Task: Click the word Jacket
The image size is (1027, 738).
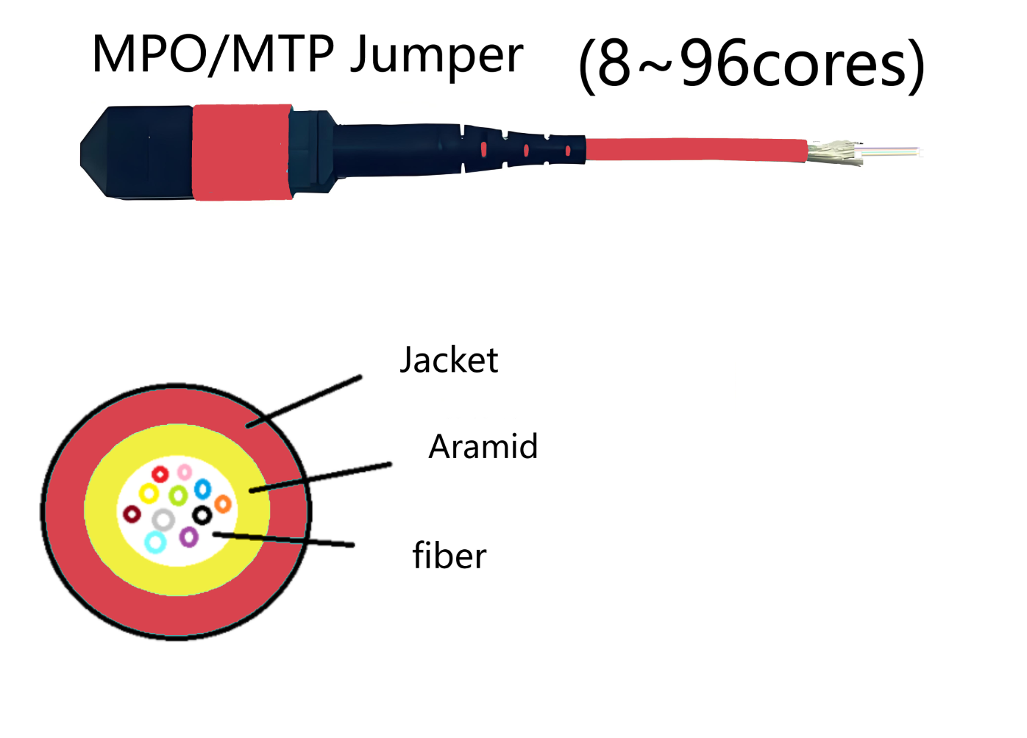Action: [449, 360]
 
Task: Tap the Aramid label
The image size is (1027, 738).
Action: [483, 447]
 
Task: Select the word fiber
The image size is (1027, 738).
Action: [449, 556]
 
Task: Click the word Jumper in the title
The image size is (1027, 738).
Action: [436, 56]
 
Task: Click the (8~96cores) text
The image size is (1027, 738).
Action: [751, 65]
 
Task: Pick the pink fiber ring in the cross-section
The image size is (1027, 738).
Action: [185, 471]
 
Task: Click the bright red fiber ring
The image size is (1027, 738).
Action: [160, 474]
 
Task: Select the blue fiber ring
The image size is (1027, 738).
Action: [202, 488]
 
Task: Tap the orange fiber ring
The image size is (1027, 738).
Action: [223, 504]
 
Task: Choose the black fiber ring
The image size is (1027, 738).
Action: [202, 515]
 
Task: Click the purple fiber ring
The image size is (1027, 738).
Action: [189, 537]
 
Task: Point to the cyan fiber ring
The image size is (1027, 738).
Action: [155, 542]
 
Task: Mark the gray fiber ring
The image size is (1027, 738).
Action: [163, 520]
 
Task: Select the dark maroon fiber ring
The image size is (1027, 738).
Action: [132, 514]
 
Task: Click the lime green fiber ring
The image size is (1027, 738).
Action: [177, 495]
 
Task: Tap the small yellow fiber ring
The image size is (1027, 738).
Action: [149, 492]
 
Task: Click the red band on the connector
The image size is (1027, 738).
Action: [241, 152]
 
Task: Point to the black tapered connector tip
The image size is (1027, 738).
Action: [110, 152]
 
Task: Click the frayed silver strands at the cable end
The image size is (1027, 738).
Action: [835, 152]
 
